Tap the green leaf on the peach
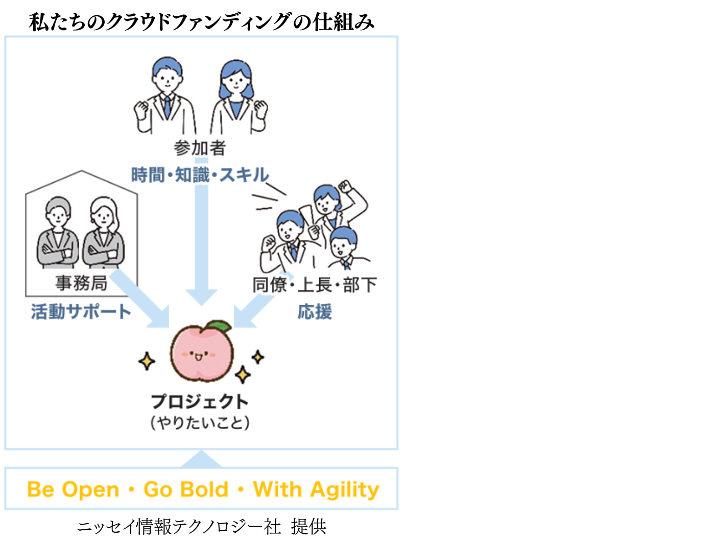[220, 326]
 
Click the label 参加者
[199, 148]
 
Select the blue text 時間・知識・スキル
[200, 175]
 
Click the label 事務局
[81, 283]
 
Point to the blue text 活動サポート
[81, 311]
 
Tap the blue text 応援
[315, 311]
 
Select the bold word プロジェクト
[200, 401]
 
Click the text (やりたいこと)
[200, 423]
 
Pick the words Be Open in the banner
[73, 489]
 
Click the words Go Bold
[186, 489]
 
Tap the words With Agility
[316, 489]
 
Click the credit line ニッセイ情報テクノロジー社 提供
[202, 526]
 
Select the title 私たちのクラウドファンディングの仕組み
[201, 22]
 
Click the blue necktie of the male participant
[167, 107]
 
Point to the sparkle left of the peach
[147, 361]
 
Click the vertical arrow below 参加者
[201, 232]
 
